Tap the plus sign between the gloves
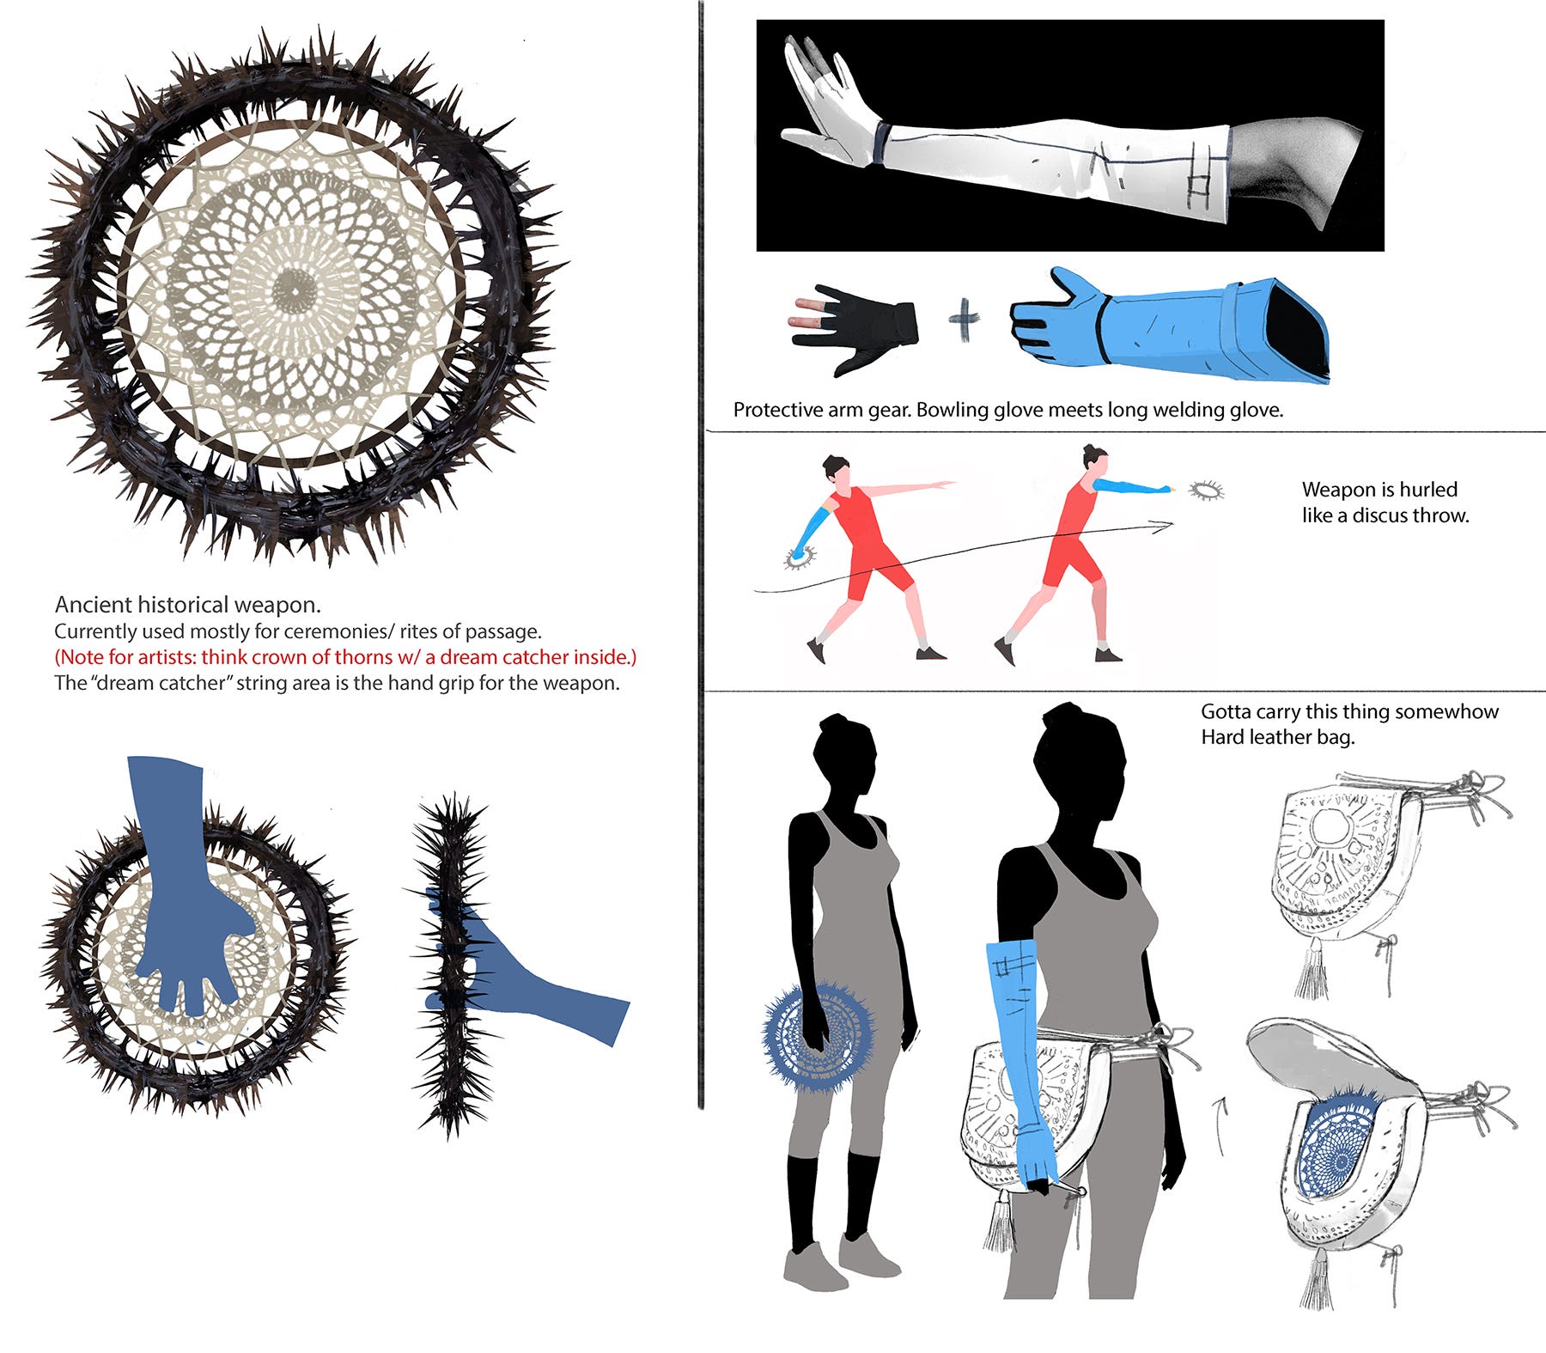click(x=965, y=320)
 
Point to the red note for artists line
click(x=345, y=657)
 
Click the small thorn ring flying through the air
click(x=1206, y=491)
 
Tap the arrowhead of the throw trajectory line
click(x=1164, y=527)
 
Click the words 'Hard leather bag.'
click(x=1277, y=737)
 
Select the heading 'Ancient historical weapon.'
click(x=188, y=605)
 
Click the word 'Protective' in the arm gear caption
click(x=778, y=410)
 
